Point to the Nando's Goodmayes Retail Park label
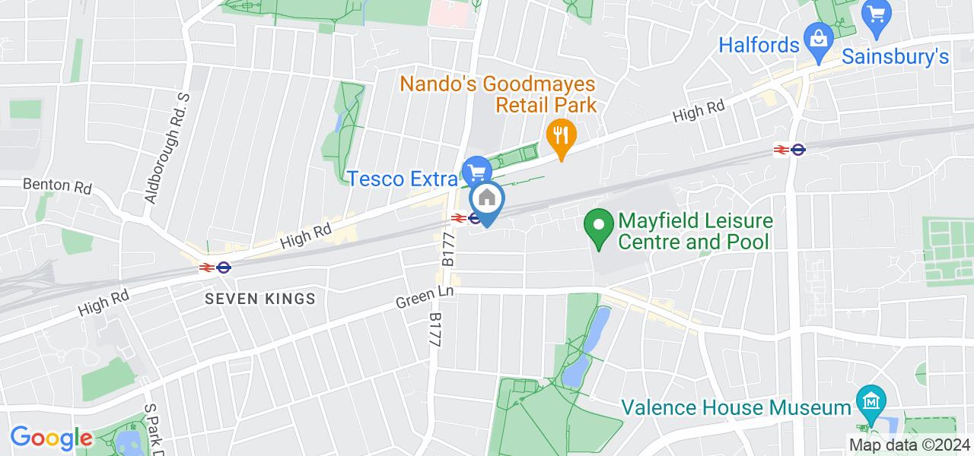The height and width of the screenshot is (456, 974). point(498,93)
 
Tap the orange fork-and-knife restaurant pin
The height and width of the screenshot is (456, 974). point(561,137)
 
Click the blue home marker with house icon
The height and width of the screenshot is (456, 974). point(487,201)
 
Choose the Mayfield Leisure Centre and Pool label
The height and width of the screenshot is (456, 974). point(695,232)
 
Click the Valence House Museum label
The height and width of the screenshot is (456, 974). point(736,407)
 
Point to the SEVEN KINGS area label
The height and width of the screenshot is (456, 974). point(260,299)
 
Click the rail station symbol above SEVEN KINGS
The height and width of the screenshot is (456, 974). point(215,268)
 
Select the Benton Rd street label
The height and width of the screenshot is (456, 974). point(57,185)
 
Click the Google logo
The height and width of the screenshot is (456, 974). point(50,438)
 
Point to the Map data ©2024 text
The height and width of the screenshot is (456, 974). point(910,445)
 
